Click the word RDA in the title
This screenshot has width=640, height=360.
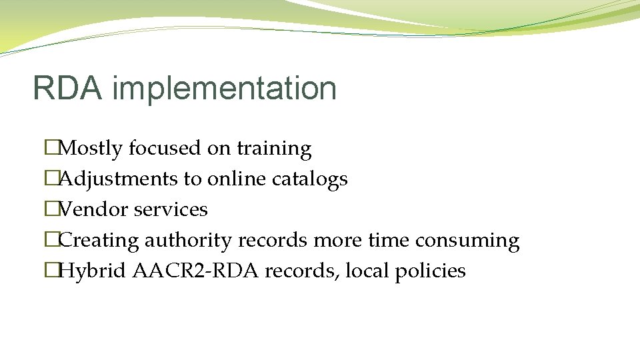67,89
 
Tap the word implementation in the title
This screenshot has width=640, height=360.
224,89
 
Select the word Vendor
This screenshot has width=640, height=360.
93,209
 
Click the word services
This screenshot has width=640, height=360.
171,209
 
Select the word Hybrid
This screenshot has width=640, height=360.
93,271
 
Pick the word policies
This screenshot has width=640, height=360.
431,271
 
